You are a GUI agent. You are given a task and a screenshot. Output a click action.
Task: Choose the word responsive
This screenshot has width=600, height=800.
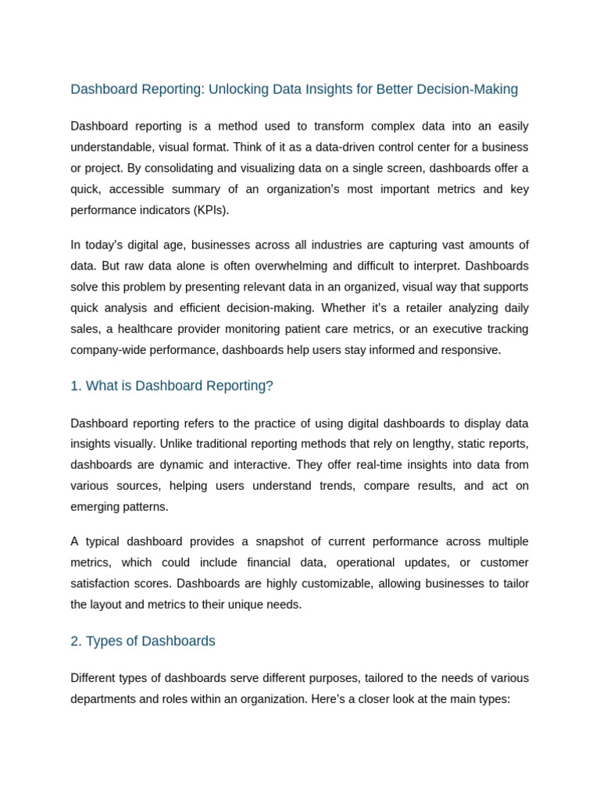coord(467,350)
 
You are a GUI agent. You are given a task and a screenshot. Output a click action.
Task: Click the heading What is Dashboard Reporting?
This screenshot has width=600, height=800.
coord(179,386)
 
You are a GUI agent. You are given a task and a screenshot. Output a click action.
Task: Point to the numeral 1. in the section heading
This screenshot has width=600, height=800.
coord(76,386)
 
